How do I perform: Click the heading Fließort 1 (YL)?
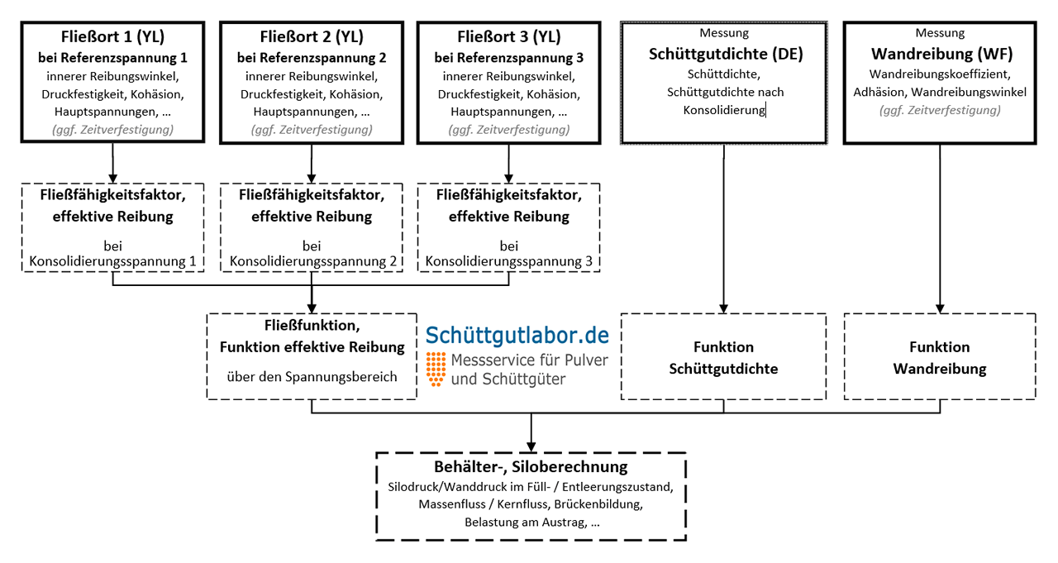click(112, 38)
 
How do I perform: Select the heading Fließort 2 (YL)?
click(312, 38)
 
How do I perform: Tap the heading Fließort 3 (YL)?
click(508, 38)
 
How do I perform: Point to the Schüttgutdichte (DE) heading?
click(725, 55)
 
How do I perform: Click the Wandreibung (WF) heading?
click(941, 55)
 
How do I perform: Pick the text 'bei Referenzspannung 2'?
click(312, 58)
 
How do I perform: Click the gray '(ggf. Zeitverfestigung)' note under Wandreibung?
click(940, 110)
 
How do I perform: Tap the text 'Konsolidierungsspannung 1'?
click(112, 262)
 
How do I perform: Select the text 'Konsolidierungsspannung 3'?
click(508, 262)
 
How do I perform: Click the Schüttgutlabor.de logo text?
click(517, 335)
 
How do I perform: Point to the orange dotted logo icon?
click(436, 369)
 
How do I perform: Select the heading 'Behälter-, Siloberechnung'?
click(531, 468)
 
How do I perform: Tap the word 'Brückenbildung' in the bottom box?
click(598, 503)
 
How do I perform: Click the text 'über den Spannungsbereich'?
click(312, 377)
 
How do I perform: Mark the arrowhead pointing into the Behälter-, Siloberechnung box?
click(531, 446)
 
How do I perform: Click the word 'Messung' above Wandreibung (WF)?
click(940, 33)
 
